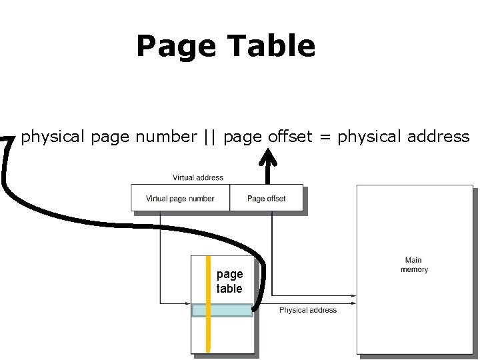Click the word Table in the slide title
point(271,46)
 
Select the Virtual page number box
point(180,198)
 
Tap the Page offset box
point(266,198)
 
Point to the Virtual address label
point(198,177)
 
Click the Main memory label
point(414,265)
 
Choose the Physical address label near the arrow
point(307,310)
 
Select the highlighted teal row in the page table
point(230,310)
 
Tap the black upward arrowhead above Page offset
point(268,157)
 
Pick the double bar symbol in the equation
point(210,137)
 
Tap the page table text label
point(229,281)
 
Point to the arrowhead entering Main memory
point(353,295)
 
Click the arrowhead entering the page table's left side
point(188,303)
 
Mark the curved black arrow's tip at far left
point(7,139)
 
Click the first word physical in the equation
point(53,137)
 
